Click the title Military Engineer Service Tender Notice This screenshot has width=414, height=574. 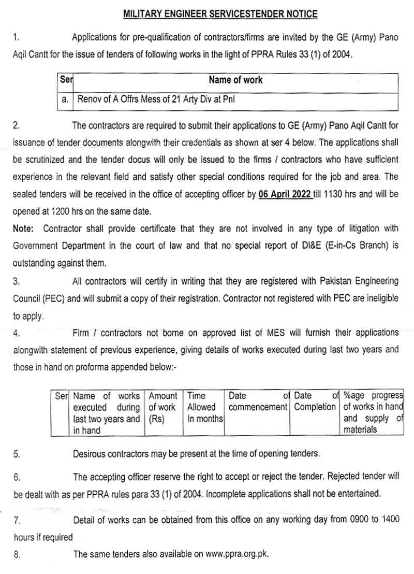[x=220, y=14]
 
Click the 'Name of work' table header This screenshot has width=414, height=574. [x=235, y=80]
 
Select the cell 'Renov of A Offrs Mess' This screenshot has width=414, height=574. [x=156, y=99]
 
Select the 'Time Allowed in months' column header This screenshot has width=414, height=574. [x=204, y=407]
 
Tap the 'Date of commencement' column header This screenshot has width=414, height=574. [x=257, y=402]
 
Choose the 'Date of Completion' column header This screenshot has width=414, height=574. [x=315, y=402]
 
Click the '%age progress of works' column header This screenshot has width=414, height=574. [x=373, y=412]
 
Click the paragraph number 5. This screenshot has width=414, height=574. [x=17, y=454]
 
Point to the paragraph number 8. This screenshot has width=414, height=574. [x=17, y=555]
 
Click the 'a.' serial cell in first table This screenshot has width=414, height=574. [x=65, y=99]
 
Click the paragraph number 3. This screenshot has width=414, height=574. [x=17, y=282]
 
